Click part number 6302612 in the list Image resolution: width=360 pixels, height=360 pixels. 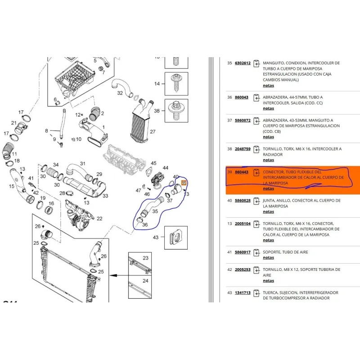pos(243,63)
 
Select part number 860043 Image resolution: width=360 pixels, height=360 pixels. pos(242,97)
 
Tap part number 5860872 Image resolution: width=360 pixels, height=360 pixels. pos(243,120)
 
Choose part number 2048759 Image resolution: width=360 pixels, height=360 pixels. pos(243,149)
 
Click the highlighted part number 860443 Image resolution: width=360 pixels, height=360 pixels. pos(242,172)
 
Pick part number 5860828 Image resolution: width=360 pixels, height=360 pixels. pos(243,201)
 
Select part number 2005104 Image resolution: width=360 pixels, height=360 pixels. pos(243,224)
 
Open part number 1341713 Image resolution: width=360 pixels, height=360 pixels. pos(243,293)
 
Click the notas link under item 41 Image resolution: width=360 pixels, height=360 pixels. pos(268,258)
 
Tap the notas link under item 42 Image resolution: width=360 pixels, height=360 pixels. pos(268,281)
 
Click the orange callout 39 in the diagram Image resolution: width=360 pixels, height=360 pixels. pos(184,183)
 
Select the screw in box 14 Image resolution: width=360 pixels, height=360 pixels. pos(176,83)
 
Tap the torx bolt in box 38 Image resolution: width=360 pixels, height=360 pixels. pos(176,110)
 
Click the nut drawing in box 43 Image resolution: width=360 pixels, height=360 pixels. pos(175,238)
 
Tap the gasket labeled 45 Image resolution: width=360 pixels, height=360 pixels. pos(149,171)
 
